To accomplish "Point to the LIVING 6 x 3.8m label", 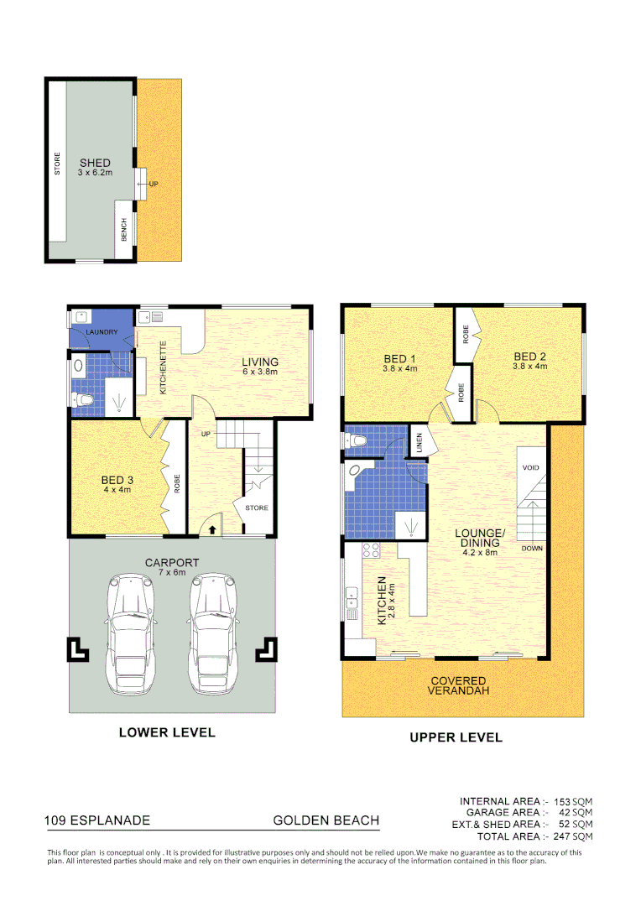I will (x=260, y=367).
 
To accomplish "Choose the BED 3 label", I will (x=116, y=485).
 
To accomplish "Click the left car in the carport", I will (x=129, y=633).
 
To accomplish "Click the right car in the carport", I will (x=211, y=633).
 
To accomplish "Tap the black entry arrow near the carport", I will (x=211, y=529).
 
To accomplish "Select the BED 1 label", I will (x=399, y=362).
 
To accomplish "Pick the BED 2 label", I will (x=530, y=361).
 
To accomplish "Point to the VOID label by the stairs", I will (x=530, y=467).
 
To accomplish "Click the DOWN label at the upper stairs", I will (x=532, y=548).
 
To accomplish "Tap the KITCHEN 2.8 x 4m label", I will (x=385, y=600).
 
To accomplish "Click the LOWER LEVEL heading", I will (x=167, y=732).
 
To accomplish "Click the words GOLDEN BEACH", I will (x=326, y=820).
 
